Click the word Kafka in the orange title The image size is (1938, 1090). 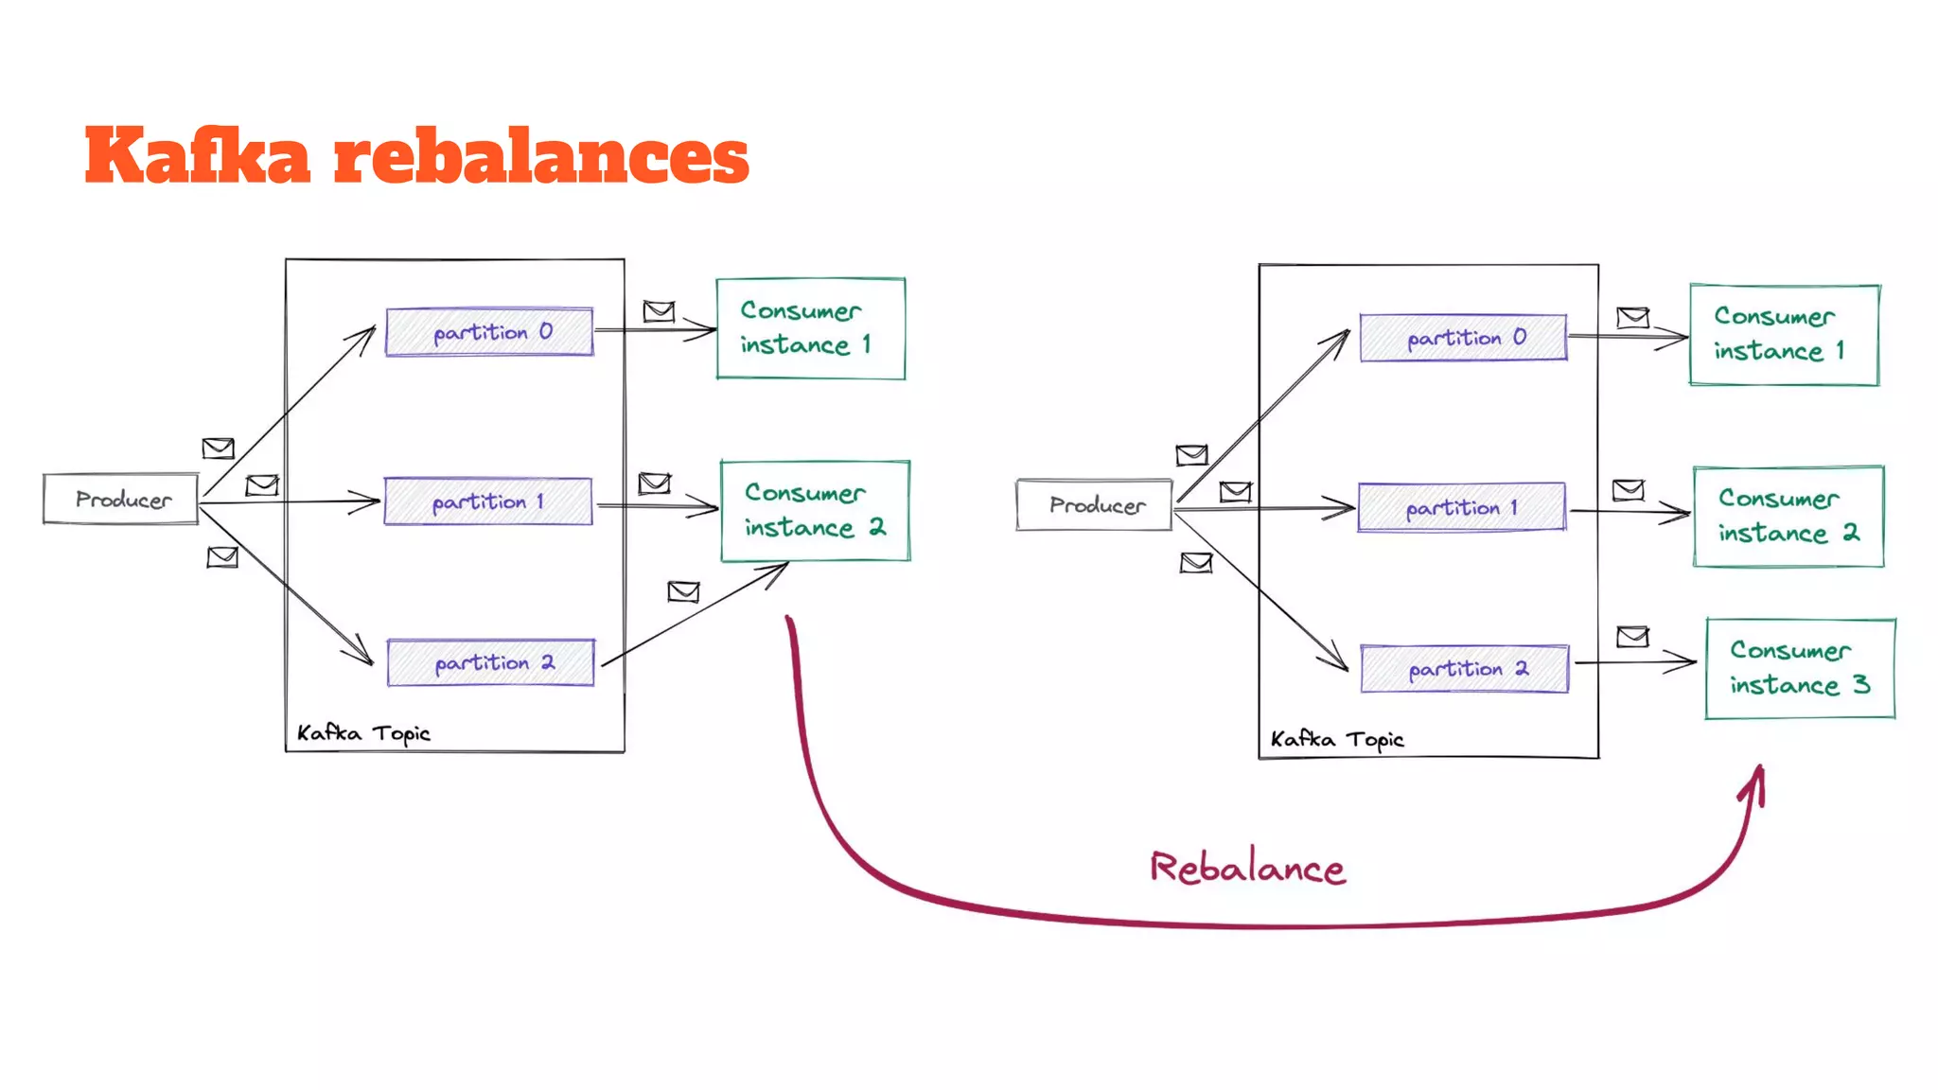[x=197, y=156]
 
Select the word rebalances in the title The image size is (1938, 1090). [x=541, y=156]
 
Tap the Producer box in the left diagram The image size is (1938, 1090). [x=121, y=499]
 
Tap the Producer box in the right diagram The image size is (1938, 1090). [x=1094, y=505]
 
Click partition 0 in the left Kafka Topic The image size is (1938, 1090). [x=489, y=332]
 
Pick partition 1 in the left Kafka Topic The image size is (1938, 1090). [x=487, y=501]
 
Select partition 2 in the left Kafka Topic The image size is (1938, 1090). [x=490, y=662]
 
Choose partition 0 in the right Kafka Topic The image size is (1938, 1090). [x=1463, y=338]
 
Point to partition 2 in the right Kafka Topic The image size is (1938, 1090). [x=1464, y=669]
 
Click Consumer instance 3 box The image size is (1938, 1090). [x=1800, y=669]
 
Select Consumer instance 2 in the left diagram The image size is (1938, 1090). [x=815, y=511]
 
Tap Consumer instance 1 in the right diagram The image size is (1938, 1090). [x=1784, y=334]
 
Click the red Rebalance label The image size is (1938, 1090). [x=1247, y=868]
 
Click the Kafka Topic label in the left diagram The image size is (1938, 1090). [x=363, y=733]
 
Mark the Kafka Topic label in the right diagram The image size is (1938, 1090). [x=1336, y=739]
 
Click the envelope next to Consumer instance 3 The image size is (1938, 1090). [x=1632, y=637]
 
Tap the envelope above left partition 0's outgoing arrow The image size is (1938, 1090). [x=659, y=310]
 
